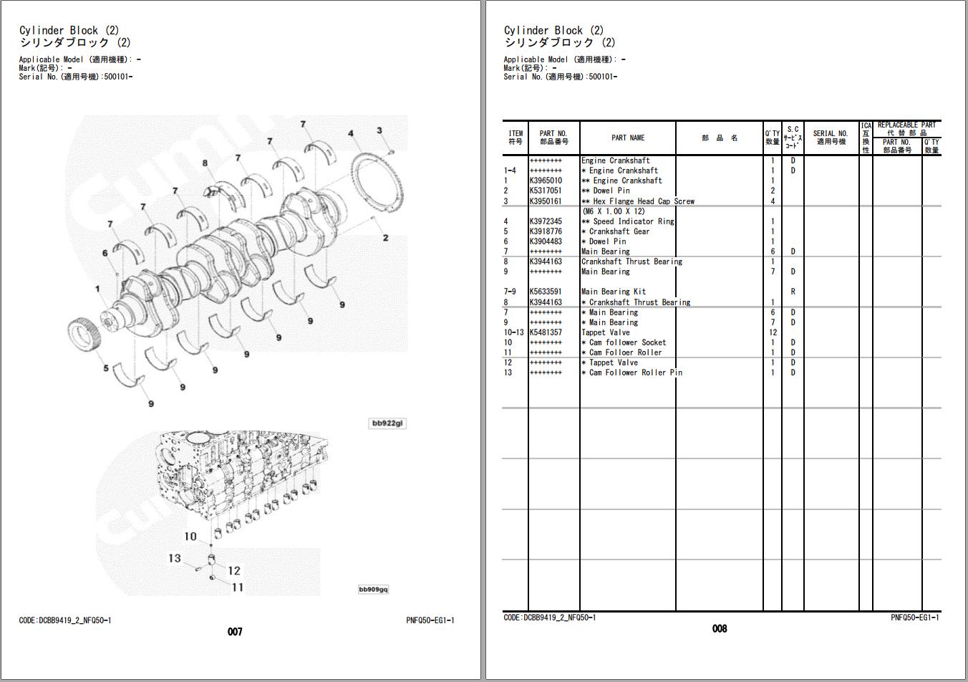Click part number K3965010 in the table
point(546,181)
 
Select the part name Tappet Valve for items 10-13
point(605,332)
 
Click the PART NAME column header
point(627,138)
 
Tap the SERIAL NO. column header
point(830,138)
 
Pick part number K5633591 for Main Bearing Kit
point(546,292)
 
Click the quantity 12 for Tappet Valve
point(773,332)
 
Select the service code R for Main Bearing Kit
point(793,292)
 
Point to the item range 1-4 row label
point(510,170)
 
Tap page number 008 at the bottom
point(720,628)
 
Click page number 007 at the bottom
point(235,631)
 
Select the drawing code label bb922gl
point(387,423)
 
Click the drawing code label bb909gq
point(373,589)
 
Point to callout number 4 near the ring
point(351,133)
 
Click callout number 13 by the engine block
point(175,558)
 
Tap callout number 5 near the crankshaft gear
point(106,368)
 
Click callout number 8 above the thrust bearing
point(205,163)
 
